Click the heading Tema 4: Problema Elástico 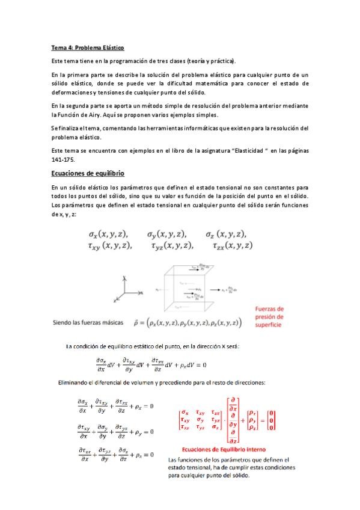tap(88, 47)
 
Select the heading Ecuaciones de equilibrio tap(88, 173)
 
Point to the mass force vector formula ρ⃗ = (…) tap(188, 324)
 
